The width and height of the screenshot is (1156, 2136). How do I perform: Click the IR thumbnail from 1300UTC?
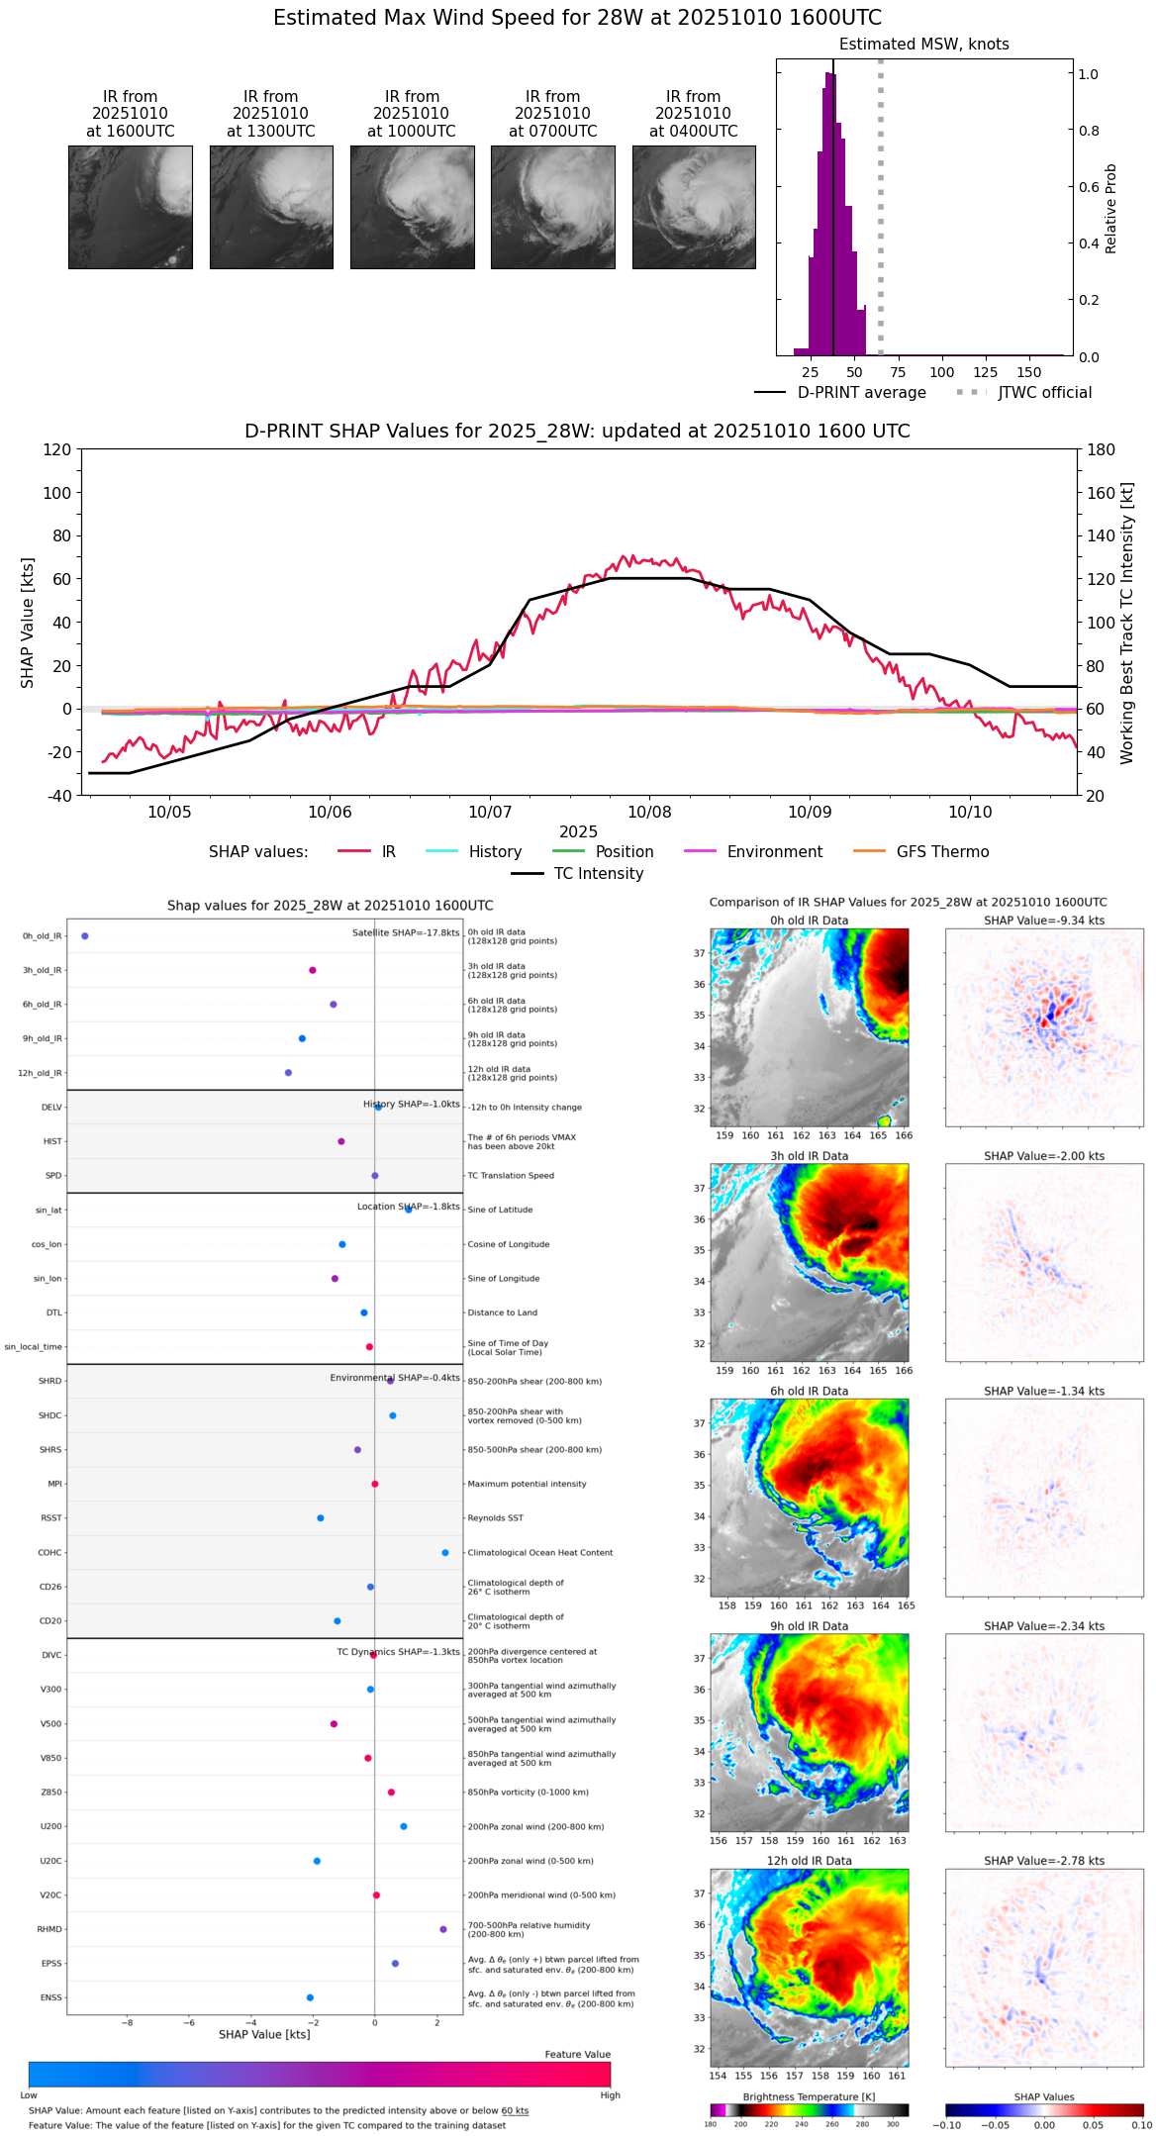pos(271,207)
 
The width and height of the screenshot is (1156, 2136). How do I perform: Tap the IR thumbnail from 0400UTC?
pos(694,207)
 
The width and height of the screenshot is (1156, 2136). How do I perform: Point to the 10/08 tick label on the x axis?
pos(650,812)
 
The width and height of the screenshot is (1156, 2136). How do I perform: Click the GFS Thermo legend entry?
pos(942,852)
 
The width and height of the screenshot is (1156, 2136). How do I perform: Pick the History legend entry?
pos(495,852)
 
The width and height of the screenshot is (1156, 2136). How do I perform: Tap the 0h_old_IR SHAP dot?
pos(85,936)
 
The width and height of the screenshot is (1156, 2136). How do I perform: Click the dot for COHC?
pos(445,1553)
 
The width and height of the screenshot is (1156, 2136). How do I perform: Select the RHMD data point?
pos(443,1929)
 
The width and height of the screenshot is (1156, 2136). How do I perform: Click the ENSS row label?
pos(50,1997)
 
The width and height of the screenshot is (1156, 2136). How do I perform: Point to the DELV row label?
pos(51,1108)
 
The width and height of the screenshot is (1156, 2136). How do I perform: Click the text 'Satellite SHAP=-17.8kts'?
pos(406,933)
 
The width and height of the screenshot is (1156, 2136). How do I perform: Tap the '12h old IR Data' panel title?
pos(809,1861)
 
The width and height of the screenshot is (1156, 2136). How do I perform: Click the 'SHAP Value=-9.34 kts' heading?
pos(1044,921)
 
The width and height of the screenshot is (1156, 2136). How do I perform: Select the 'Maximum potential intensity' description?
pos(527,1485)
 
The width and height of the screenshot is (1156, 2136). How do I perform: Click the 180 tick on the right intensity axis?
pos(1102,450)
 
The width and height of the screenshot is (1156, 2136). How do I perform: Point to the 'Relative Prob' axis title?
pos(1111,209)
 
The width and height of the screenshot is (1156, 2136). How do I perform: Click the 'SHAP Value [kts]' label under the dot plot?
pos(264,2034)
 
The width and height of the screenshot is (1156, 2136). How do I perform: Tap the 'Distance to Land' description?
pos(502,1313)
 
